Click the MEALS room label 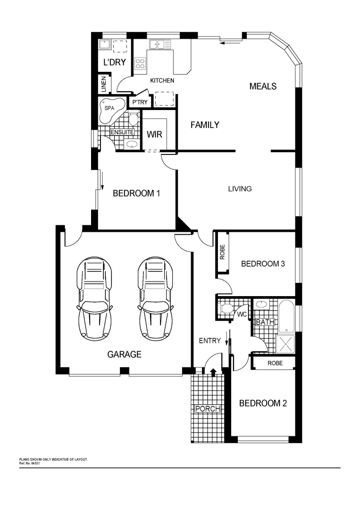coord(263,86)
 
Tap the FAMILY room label coord(205,125)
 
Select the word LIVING coord(240,189)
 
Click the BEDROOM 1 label coord(136,193)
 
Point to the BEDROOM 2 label coord(263,403)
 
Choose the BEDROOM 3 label coord(263,263)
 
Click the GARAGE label coord(124,354)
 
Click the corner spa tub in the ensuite coord(112,109)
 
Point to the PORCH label coord(208,408)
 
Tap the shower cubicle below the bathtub coord(286,343)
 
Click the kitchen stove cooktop coord(140,63)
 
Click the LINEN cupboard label coord(104,85)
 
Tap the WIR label coord(154,135)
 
